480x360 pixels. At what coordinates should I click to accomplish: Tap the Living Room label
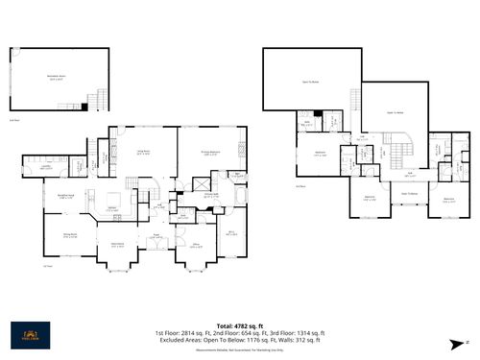click(x=143, y=153)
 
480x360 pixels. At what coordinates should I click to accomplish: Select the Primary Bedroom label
click(x=211, y=153)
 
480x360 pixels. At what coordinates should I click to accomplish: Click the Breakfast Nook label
click(x=66, y=196)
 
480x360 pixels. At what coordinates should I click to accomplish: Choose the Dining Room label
click(x=70, y=235)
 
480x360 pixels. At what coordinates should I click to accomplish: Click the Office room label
click(x=195, y=246)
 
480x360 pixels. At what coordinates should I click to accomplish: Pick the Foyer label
click(x=156, y=236)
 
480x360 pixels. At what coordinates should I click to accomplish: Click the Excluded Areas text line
click(x=239, y=339)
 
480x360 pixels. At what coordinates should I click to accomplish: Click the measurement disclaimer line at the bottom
click(x=239, y=349)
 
